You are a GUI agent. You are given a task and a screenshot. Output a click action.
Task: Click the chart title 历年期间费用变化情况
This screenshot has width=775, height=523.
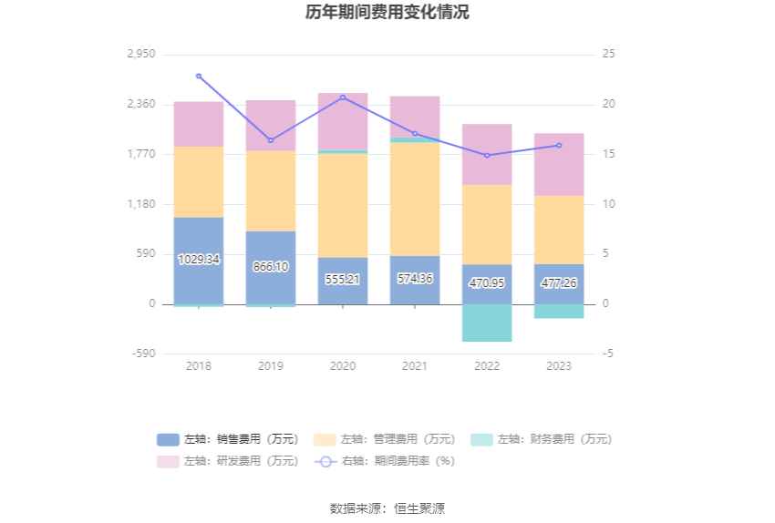tap(387, 13)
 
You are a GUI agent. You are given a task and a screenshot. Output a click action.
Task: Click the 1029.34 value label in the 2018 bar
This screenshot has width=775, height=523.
tap(199, 259)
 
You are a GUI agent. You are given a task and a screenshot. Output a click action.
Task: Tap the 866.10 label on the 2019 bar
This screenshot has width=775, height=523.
tap(271, 267)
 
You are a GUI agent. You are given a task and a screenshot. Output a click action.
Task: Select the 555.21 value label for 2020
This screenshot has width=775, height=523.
tap(343, 279)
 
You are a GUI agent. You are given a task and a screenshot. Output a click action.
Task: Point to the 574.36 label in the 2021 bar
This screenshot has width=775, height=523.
tap(415, 278)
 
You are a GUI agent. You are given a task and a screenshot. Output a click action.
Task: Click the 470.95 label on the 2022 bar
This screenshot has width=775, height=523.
tap(487, 283)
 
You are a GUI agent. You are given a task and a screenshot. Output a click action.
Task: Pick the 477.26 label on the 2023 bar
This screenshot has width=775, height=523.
tap(559, 283)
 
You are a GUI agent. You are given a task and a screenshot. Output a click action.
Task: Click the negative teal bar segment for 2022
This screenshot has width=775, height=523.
tap(487, 323)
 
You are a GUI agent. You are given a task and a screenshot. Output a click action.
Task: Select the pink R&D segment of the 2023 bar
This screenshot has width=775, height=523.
tap(559, 164)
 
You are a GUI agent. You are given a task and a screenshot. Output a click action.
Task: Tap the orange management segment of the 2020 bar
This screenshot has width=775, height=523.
tap(343, 205)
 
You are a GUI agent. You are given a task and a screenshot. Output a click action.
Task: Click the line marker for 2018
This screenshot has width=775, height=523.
tap(199, 76)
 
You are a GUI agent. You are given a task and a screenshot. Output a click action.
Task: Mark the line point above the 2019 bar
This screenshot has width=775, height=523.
tap(271, 140)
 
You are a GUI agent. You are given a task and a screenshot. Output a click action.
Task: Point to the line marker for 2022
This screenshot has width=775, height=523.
tap(487, 156)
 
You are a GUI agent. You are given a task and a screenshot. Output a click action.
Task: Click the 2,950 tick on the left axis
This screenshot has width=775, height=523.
tap(142, 54)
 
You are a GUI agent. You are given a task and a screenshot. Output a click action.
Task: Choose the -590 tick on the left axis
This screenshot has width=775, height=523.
tap(142, 354)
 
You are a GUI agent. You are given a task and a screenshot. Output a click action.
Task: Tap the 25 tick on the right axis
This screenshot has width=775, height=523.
tap(609, 54)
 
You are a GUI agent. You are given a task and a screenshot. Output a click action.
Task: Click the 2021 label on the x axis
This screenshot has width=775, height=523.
tap(415, 366)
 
